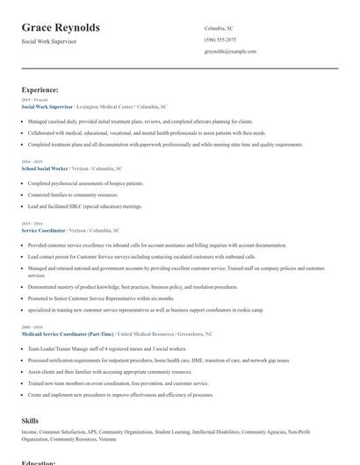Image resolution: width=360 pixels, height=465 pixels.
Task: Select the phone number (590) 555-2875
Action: coord(220,40)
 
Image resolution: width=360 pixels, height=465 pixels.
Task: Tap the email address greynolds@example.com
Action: coord(230,52)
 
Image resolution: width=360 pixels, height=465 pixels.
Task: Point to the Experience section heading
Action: coord(40,89)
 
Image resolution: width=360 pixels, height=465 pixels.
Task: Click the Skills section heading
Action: coord(30,421)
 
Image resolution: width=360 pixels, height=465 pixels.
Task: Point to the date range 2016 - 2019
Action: coord(31,161)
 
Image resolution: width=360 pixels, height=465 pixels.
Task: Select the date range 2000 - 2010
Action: coord(31,328)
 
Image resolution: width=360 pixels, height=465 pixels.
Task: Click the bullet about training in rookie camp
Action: coord(132,310)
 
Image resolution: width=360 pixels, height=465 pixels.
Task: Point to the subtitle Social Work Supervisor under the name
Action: coord(49,41)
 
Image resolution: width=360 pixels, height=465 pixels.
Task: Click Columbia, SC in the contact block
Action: coord(219,28)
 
